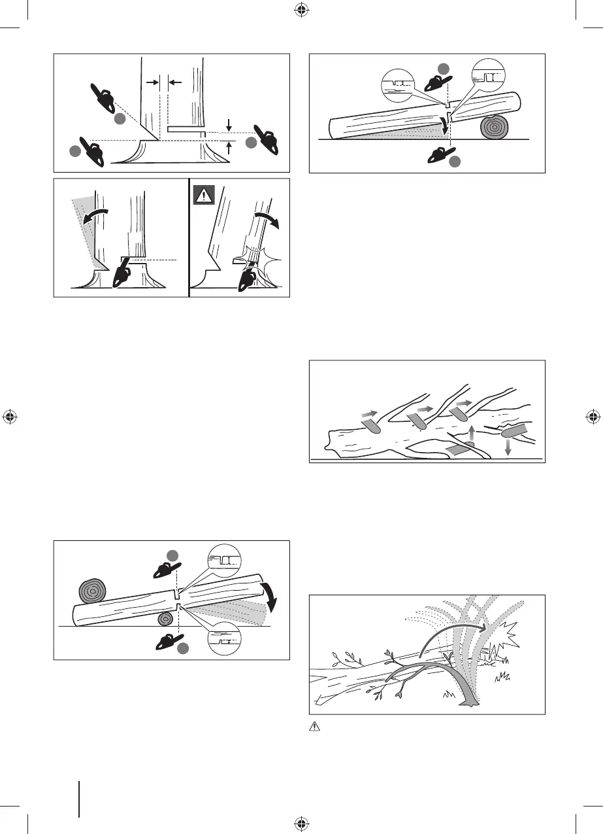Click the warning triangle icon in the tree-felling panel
point(204,194)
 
